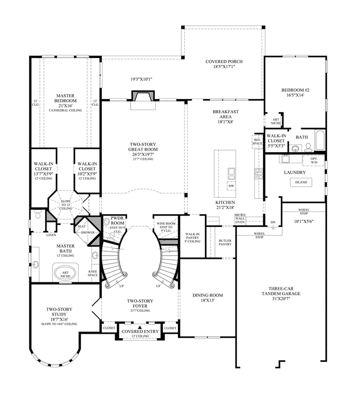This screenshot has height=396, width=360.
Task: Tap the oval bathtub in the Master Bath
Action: click(x=65, y=271)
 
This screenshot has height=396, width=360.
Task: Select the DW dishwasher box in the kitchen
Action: click(x=232, y=186)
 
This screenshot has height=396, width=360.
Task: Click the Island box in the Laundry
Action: click(x=302, y=182)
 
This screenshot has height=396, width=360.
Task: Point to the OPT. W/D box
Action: click(x=314, y=160)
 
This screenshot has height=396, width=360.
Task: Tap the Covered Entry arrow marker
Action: click(x=140, y=327)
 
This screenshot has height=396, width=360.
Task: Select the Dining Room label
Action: click(x=208, y=295)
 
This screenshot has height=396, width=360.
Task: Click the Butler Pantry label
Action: click(x=224, y=242)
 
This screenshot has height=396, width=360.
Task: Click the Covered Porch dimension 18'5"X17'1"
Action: click(x=224, y=68)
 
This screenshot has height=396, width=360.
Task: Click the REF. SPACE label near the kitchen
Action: click(x=257, y=142)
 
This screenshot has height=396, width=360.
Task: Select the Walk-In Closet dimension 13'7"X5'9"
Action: click(x=43, y=173)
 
